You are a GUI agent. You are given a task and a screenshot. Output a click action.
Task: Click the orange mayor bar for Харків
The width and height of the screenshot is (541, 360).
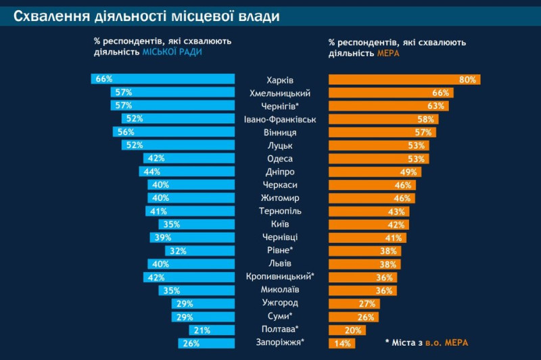[x=404, y=80]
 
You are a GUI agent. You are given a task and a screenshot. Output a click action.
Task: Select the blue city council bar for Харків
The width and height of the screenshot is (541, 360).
[x=162, y=79]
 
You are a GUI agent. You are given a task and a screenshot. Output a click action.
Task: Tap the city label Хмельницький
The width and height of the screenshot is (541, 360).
[x=280, y=93]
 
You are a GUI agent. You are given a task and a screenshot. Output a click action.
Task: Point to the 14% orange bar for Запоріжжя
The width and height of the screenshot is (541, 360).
[x=342, y=343]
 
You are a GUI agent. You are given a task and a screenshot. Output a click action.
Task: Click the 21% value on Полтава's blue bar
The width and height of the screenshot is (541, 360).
[x=202, y=330]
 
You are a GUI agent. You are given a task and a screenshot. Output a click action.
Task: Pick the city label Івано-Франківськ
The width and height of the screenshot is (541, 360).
[x=280, y=119]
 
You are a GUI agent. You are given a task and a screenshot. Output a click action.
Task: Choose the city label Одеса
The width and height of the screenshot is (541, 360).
[x=280, y=158]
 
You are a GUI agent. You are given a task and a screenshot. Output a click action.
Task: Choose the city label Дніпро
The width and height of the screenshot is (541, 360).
[x=280, y=172]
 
